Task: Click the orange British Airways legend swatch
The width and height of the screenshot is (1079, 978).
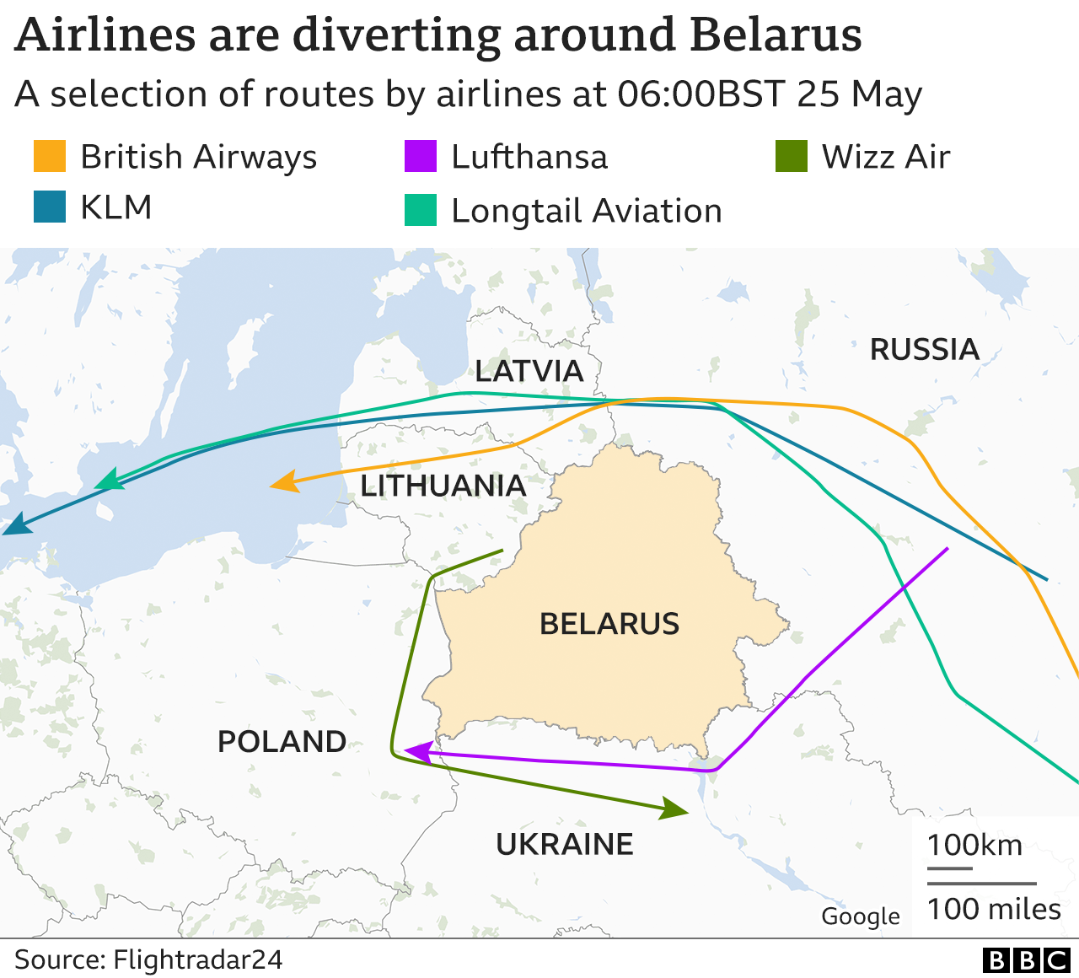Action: [x=50, y=157]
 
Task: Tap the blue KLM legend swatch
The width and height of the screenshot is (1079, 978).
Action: [x=50, y=207]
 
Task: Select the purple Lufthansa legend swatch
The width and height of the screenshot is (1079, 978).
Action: [x=421, y=157]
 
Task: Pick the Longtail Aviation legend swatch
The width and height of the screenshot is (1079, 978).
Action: [x=421, y=211]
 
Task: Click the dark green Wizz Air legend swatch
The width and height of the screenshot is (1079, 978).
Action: [x=792, y=157]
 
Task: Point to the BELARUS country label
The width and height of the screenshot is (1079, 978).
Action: [x=609, y=624]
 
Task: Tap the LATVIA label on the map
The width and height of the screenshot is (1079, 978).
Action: [x=529, y=371]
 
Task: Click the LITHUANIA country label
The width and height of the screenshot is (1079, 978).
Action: [x=443, y=486]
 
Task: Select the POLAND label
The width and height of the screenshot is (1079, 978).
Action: [x=282, y=742]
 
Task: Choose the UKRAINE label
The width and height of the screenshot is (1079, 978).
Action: [x=564, y=844]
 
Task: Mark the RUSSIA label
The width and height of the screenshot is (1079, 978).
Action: [x=924, y=349]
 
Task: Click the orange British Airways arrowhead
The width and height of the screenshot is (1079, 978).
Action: [x=284, y=482]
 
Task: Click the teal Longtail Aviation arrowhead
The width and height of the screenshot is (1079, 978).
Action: [x=109, y=481]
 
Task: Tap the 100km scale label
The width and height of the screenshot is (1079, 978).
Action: [x=974, y=845]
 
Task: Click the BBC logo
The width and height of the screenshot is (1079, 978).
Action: [x=1026, y=960]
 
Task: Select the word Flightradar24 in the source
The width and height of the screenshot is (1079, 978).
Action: [x=197, y=959]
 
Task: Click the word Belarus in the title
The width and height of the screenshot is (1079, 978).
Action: [x=775, y=35]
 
